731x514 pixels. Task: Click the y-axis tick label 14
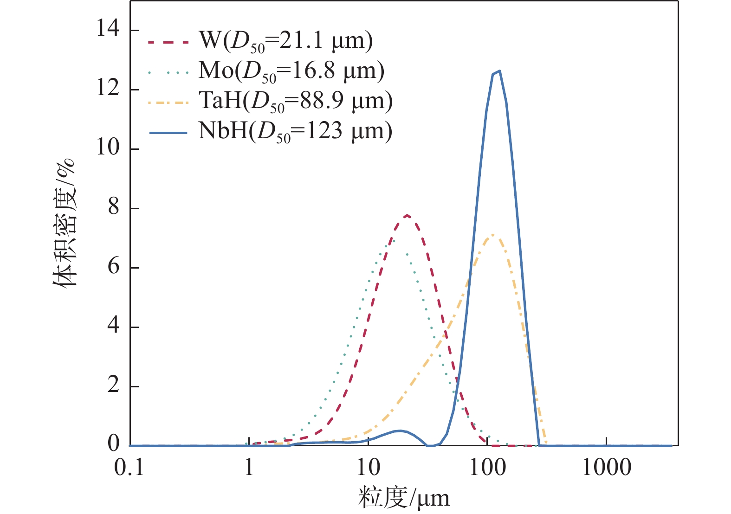[x=108, y=30]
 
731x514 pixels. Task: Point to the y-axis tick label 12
[x=108, y=89]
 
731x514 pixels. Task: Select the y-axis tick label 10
[x=108, y=148]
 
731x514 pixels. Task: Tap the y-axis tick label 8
[x=114, y=208]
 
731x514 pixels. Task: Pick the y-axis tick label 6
[x=114, y=267]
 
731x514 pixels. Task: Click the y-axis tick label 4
[x=114, y=327]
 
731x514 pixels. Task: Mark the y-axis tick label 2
[x=114, y=386]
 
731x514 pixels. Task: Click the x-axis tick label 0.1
[x=129, y=468]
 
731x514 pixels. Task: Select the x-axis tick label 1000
[x=607, y=468]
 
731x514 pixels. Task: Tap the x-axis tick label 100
[x=487, y=468]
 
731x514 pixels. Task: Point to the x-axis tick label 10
[x=369, y=468]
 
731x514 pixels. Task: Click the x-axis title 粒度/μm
[x=404, y=498]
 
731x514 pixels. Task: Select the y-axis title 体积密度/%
[x=64, y=223]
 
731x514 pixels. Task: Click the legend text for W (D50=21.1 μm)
[x=285, y=41]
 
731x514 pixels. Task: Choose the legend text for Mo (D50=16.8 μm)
[x=291, y=71]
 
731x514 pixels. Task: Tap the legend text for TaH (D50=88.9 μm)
[x=296, y=101]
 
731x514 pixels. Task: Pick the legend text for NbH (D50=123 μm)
[x=295, y=131]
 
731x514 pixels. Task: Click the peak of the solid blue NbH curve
[x=499, y=71]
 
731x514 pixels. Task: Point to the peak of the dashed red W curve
[x=407, y=215]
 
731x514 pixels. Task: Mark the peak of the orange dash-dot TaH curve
[x=492, y=235]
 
